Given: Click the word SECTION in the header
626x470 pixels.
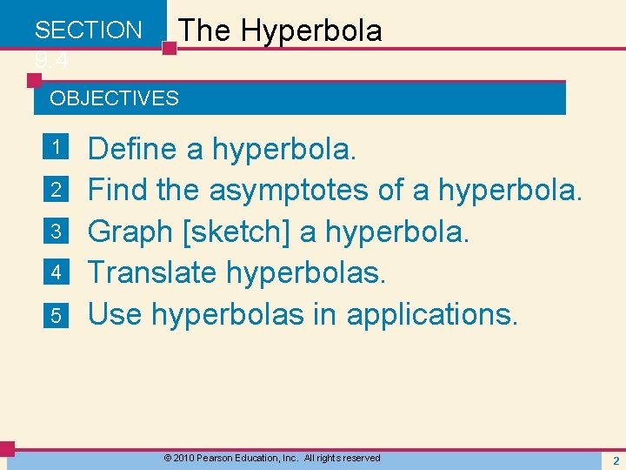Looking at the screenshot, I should point(88,30).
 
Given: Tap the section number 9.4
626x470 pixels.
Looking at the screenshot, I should point(50,61).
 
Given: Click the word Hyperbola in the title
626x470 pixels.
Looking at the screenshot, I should point(311,30).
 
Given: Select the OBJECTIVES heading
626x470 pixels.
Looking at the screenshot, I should point(114,98).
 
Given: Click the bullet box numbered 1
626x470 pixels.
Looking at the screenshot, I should point(57,148).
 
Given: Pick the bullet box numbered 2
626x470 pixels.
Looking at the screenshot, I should point(57,189).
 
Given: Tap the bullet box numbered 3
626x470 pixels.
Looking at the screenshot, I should point(57,231).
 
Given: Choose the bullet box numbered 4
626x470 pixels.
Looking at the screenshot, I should point(57,272).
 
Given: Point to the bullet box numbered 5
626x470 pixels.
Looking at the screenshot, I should point(57,314).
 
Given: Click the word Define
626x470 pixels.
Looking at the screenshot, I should point(132,149).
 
